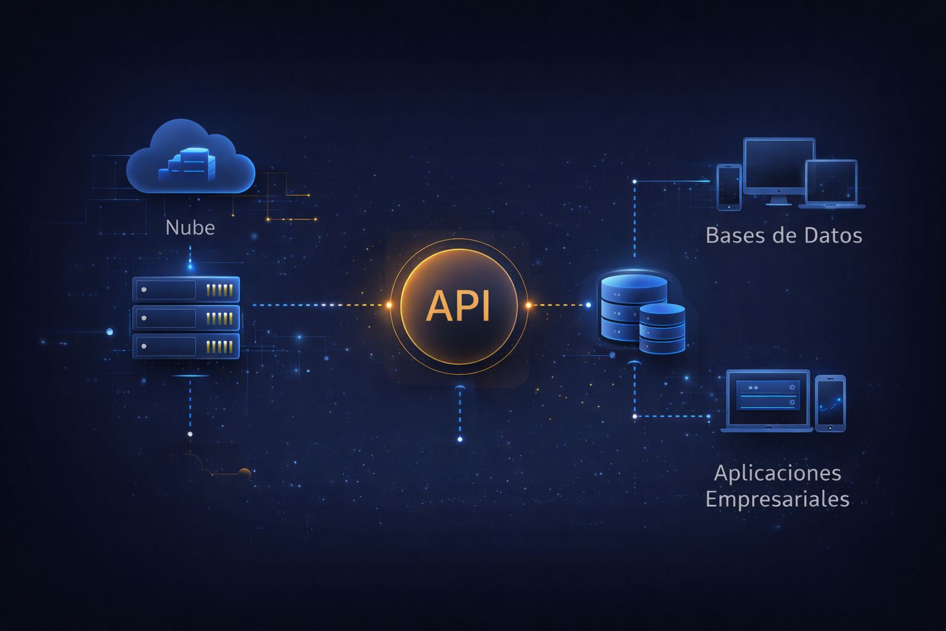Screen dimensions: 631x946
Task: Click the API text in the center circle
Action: (458, 306)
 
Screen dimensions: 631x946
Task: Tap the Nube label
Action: (190, 228)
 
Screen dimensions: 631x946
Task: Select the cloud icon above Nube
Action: (190, 158)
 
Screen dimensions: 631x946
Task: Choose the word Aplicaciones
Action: (777, 473)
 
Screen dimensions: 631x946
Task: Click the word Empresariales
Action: (777, 499)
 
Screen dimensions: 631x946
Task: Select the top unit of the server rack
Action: (186, 290)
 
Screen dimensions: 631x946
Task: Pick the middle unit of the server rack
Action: (186, 318)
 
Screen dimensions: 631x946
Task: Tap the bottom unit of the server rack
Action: (186, 346)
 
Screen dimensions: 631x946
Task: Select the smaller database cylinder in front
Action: (662, 328)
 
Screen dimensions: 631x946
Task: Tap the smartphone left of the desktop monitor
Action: (729, 187)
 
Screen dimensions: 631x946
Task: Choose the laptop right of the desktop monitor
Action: (831, 184)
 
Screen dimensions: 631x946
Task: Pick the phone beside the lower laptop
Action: (830, 403)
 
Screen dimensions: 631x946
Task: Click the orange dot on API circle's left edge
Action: (389, 305)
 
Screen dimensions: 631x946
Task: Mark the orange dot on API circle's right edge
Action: (528, 305)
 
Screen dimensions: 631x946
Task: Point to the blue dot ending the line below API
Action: (460, 439)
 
